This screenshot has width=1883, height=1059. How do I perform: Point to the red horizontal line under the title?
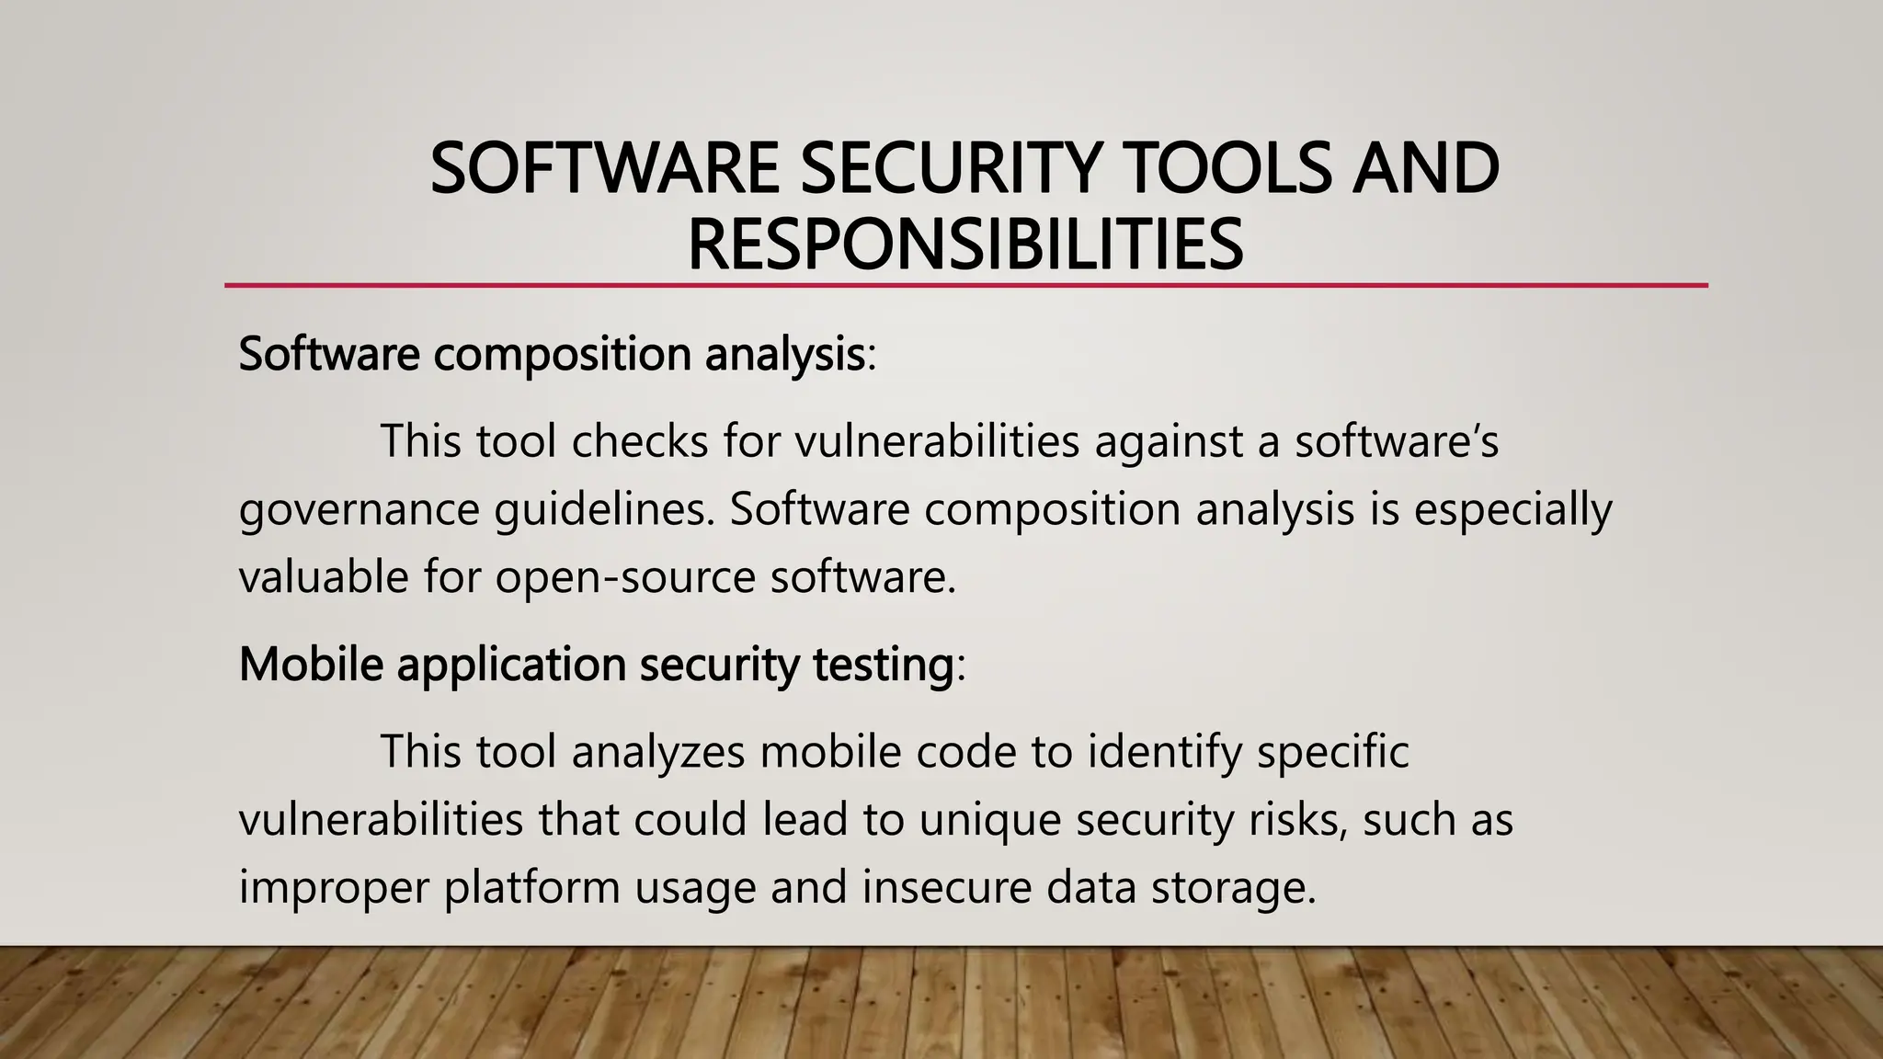(x=965, y=286)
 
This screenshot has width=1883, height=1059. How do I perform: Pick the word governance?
(x=359, y=511)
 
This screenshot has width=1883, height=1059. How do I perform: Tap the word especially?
(x=1512, y=511)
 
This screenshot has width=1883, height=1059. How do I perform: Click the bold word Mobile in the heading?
(x=311, y=664)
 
